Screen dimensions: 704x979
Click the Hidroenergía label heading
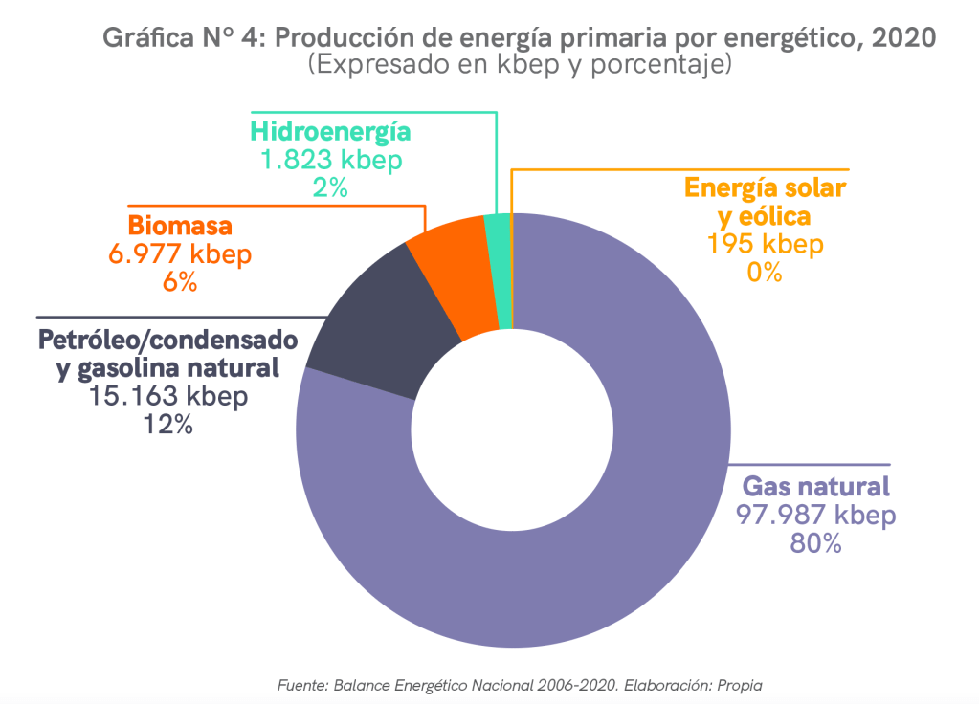[330, 132]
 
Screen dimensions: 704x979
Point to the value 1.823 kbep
[331, 160]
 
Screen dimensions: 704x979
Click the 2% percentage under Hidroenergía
[330, 187]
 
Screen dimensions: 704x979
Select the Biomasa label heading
[181, 227]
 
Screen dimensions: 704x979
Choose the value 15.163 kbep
[167, 396]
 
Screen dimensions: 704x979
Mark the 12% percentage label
[167, 424]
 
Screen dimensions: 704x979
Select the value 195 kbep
[765, 244]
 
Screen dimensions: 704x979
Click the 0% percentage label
[765, 272]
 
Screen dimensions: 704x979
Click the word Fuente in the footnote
[300, 685]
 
